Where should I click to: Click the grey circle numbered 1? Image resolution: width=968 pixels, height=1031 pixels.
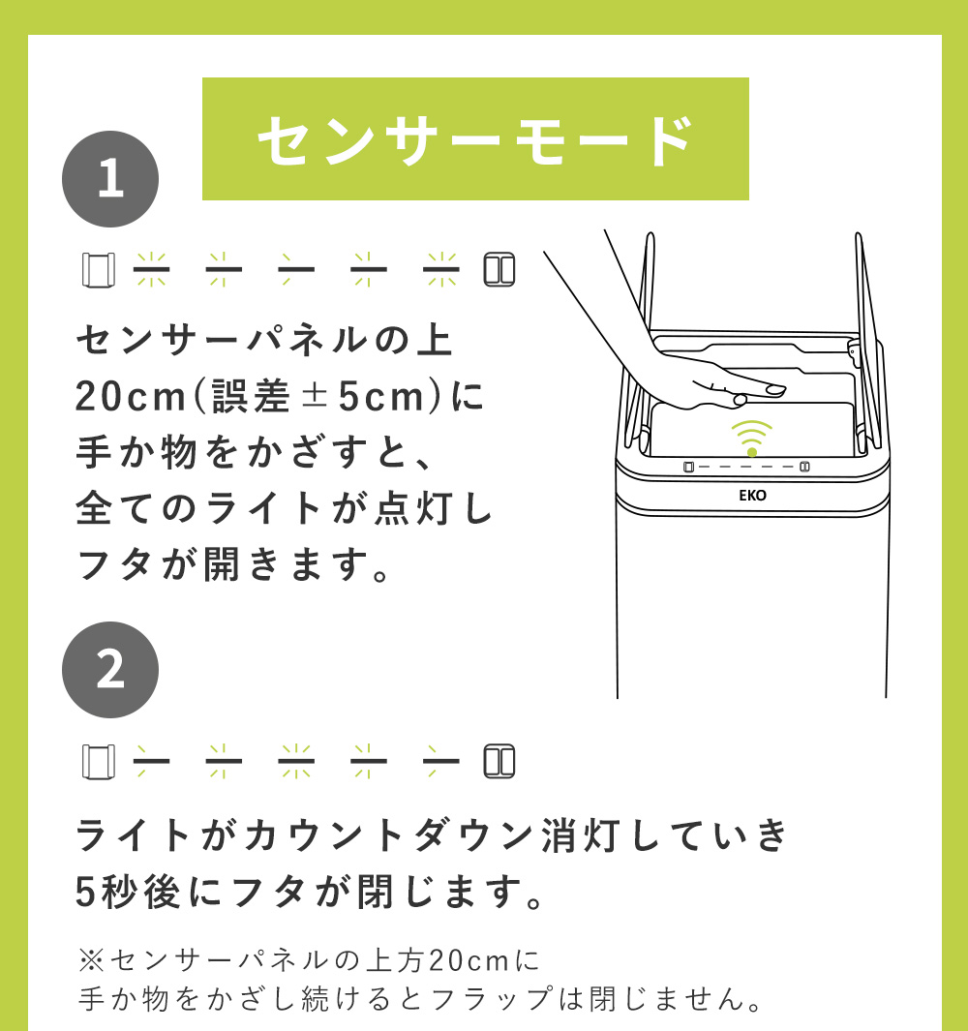point(110,179)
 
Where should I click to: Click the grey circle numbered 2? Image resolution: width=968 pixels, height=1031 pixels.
point(110,670)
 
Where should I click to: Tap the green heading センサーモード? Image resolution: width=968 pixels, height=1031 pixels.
point(474,139)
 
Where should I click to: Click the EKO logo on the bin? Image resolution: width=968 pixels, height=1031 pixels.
point(752,495)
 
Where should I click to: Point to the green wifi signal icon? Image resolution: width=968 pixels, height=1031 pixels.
point(752,438)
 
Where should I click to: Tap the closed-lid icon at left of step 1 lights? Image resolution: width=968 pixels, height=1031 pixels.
point(98,269)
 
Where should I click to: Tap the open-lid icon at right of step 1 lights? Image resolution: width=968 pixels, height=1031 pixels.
point(499,269)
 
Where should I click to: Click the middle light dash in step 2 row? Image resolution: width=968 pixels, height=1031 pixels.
point(296,762)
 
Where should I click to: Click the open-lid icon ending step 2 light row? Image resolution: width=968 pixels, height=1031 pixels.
point(499,762)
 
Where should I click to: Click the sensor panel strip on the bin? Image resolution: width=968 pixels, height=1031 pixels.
point(745,467)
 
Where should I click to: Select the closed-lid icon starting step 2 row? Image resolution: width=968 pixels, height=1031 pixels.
point(98,762)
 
